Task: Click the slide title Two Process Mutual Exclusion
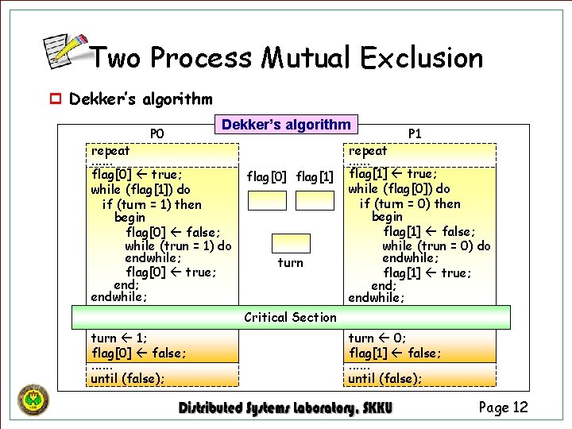tap(286, 57)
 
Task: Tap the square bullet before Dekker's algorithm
tap(56, 100)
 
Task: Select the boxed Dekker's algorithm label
tap(286, 125)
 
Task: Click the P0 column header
tap(157, 133)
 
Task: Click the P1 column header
tap(415, 133)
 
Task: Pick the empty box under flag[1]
tap(315, 199)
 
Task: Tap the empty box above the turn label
tap(291, 243)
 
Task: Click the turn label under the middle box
tap(291, 263)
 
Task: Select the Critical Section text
tap(290, 317)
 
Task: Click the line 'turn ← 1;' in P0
tap(119, 338)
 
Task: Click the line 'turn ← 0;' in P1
tap(376, 338)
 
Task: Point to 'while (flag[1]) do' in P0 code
tap(141, 189)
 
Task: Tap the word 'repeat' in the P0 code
tap(110, 150)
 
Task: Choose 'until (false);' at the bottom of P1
tap(385, 378)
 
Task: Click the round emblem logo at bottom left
tap(33, 400)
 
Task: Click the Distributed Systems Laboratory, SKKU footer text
tap(285, 408)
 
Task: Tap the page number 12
tap(503, 408)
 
